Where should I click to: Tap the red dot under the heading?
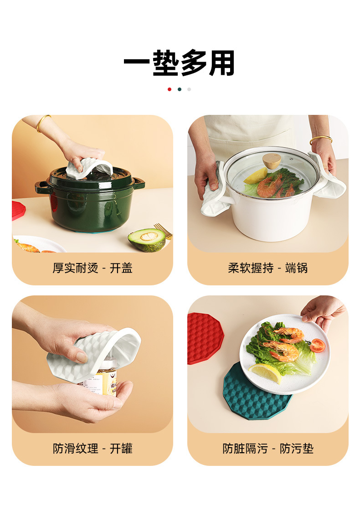click(x=170, y=89)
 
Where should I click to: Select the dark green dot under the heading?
click(x=180, y=89)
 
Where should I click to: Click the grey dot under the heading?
click(x=189, y=89)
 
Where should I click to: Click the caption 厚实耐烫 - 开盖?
click(x=93, y=268)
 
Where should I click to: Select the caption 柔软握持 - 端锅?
click(x=268, y=268)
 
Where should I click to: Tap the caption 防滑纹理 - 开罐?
click(x=93, y=449)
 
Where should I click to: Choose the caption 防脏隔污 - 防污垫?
click(x=268, y=449)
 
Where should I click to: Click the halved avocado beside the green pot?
click(x=147, y=239)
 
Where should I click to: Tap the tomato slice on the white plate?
click(x=317, y=346)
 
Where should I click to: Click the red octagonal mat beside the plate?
click(x=204, y=337)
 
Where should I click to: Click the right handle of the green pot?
click(x=138, y=184)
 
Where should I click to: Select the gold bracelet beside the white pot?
click(x=321, y=139)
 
